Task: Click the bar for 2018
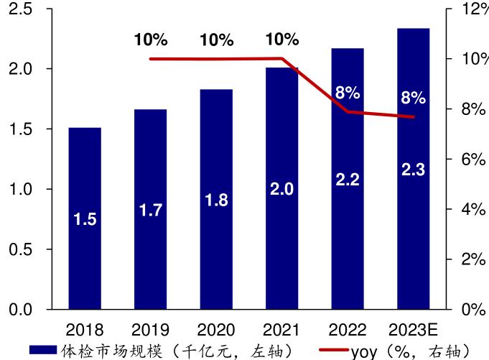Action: [85, 218]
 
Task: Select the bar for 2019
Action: [150, 209]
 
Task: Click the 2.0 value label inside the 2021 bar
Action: [281, 190]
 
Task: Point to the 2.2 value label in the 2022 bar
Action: [348, 180]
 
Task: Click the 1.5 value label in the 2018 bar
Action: [85, 220]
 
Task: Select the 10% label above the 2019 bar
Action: [150, 40]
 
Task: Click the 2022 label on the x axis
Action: [348, 331]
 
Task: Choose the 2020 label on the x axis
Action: [216, 331]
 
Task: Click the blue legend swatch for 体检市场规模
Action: [42, 350]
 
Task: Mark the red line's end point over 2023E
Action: [414, 116]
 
